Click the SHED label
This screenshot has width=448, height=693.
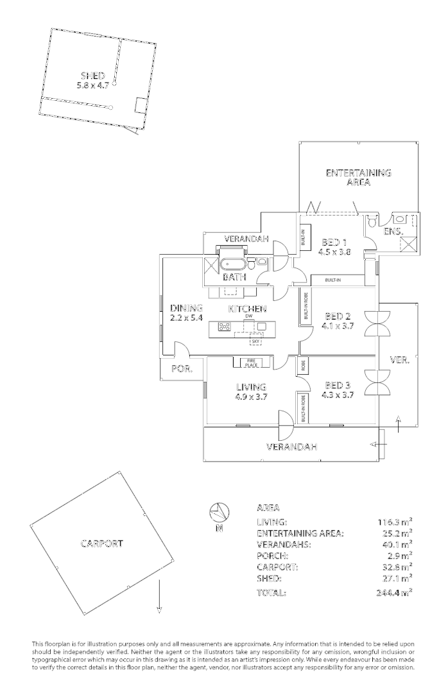(92, 76)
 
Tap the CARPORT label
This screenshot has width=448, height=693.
(101, 543)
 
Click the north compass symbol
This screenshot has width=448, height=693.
(220, 513)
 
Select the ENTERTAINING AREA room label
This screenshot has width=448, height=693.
(359, 177)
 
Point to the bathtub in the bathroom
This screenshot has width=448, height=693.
(233, 264)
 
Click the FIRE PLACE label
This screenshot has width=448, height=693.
(251, 363)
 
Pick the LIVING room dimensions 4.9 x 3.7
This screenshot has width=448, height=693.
(251, 397)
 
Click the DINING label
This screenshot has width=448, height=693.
(187, 308)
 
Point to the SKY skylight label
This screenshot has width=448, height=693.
(255, 341)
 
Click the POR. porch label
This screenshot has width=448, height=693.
(182, 368)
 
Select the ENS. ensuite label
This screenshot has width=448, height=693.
(393, 231)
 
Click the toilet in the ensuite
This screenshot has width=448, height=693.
(372, 219)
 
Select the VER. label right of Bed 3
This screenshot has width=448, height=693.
(400, 359)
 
